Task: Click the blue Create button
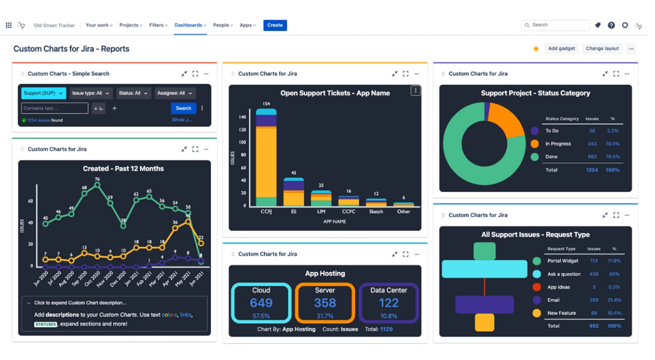pyautogui.click(x=275, y=25)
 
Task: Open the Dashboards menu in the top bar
pyautogui.click(x=190, y=25)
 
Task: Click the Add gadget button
pyautogui.click(x=561, y=48)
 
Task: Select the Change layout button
pyautogui.click(x=602, y=48)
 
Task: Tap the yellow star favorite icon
pyautogui.click(x=536, y=48)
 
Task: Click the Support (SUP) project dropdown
pyautogui.click(x=43, y=93)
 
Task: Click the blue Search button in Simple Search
pyautogui.click(x=183, y=108)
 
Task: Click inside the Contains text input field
pyautogui.click(x=55, y=108)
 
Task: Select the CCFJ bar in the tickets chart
pyautogui.click(x=266, y=159)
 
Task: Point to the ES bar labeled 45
pyautogui.click(x=294, y=192)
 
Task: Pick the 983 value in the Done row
pyautogui.click(x=592, y=157)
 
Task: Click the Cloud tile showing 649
pyautogui.click(x=261, y=303)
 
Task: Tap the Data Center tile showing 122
pyautogui.click(x=388, y=303)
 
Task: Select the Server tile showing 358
pyautogui.click(x=325, y=303)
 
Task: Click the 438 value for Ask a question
pyautogui.click(x=593, y=274)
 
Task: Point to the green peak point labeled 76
pyautogui.click(x=97, y=185)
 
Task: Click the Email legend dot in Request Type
pyautogui.click(x=537, y=300)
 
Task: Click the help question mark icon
pyautogui.click(x=611, y=25)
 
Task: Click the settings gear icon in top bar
pyautogui.click(x=625, y=25)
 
